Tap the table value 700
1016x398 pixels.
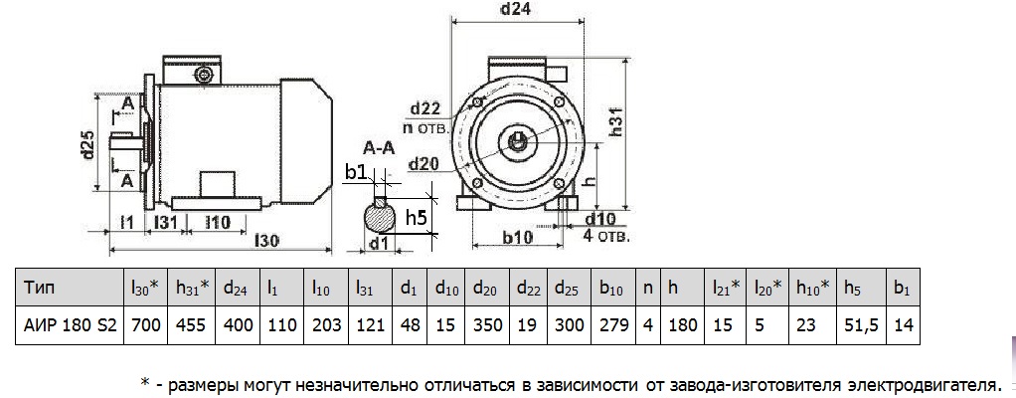[x=144, y=324]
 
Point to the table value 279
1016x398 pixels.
[x=611, y=324]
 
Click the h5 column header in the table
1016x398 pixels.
[x=852, y=289]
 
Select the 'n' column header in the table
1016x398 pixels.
[x=648, y=289]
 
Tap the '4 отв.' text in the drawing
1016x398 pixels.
[x=608, y=236]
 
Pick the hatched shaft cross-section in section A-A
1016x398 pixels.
[x=379, y=213]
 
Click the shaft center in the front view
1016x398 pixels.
[x=519, y=140]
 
